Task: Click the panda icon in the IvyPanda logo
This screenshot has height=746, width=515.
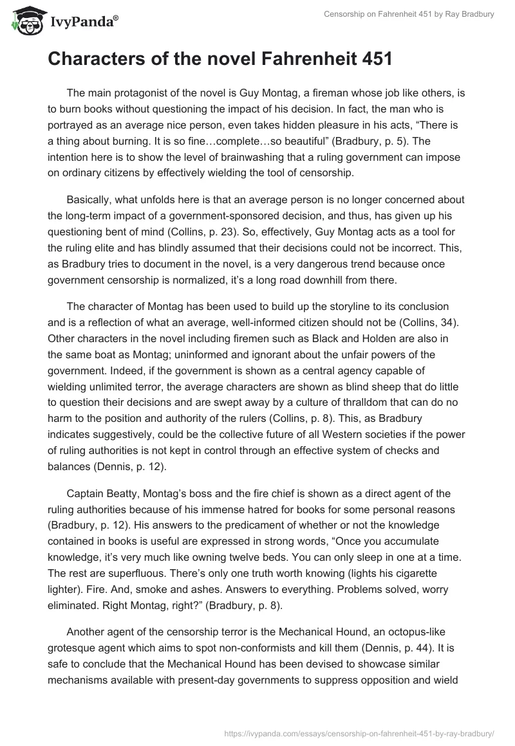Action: coord(24,20)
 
